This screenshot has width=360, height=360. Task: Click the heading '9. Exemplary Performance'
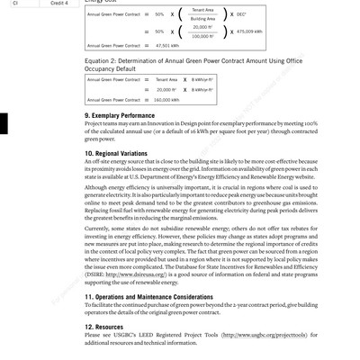pyautogui.click(x=120, y=115)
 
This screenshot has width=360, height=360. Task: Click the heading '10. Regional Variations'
pyautogui.click(x=116, y=153)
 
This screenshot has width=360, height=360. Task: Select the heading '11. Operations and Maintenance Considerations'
pyautogui.click(x=149, y=296)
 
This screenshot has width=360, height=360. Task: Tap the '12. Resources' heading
pyautogui.click(x=104, y=327)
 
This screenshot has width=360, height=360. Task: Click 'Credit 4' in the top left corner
pyautogui.click(x=59, y=4)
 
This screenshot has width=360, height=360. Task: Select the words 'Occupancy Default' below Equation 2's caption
pyautogui.click(x=111, y=68)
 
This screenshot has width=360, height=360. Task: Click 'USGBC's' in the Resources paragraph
pyautogui.click(x=117, y=336)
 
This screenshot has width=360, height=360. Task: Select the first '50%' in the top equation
pyautogui.click(x=159, y=14)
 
